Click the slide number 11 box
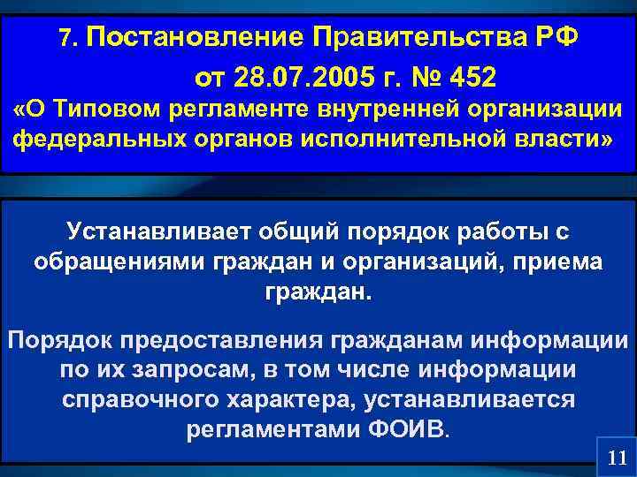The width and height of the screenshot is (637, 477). coord(618,458)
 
